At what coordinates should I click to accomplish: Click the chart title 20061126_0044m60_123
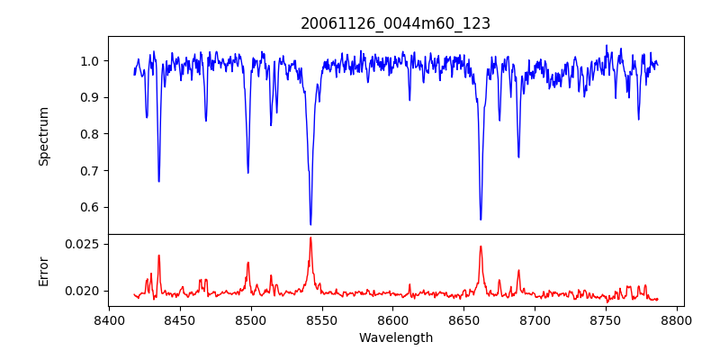pos(395,23)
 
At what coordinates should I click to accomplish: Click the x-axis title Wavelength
pos(395,337)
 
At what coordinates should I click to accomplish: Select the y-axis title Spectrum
pos(44,136)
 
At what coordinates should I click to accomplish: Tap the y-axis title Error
pos(44,271)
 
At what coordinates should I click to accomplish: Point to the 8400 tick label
pos(109,319)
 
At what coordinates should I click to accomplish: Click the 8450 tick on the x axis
pos(180,319)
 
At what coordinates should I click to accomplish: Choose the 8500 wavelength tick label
pos(251,319)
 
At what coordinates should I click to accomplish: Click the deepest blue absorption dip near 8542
pos(310,224)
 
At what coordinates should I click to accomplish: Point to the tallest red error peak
pos(310,238)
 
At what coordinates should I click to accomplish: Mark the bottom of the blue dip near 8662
pos(481,219)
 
